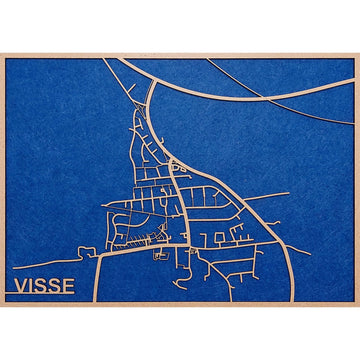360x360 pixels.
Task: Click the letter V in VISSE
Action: (x=21, y=286)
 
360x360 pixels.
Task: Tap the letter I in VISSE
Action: (x=33, y=286)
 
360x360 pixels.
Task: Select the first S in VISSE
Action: (x=43, y=286)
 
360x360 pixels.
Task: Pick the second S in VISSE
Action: (x=56, y=286)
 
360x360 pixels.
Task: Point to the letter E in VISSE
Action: (x=68, y=286)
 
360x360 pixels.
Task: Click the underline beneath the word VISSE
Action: (x=45, y=297)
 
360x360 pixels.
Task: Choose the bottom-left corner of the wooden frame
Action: (x=2, y=305)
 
